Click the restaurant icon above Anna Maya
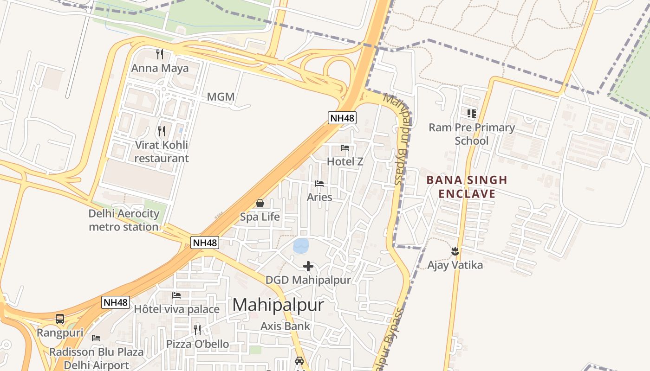pyautogui.click(x=160, y=54)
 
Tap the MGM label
pyautogui.click(x=221, y=97)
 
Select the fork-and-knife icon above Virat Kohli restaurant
pyautogui.click(x=162, y=131)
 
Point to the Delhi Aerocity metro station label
pyautogui.click(x=124, y=220)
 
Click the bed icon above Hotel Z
pyautogui.click(x=345, y=148)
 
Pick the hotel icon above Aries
pyautogui.click(x=319, y=184)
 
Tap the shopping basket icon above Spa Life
pyautogui.click(x=260, y=203)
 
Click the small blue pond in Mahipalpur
pyautogui.click(x=301, y=245)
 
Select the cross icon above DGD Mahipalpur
pyautogui.click(x=308, y=266)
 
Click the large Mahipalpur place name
pyautogui.click(x=278, y=305)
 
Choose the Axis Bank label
pyautogui.click(x=285, y=326)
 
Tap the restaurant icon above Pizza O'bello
pyautogui.click(x=197, y=330)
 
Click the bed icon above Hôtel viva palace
pyautogui.click(x=176, y=295)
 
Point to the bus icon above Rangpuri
pyautogui.click(x=60, y=319)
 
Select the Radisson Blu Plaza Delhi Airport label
pyautogui.click(x=97, y=358)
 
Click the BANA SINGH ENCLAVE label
pyautogui.click(x=467, y=186)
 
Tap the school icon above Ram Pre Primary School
pyautogui.click(x=472, y=113)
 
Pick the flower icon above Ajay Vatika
pyautogui.click(x=455, y=251)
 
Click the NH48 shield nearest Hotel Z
pyautogui.click(x=342, y=118)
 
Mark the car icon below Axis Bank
pyautogui.click(x=299, y=360)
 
